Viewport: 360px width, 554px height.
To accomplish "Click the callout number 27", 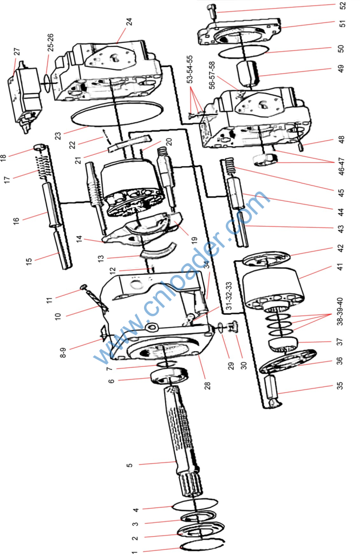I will pyautogui.click(x=17, y=52).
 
